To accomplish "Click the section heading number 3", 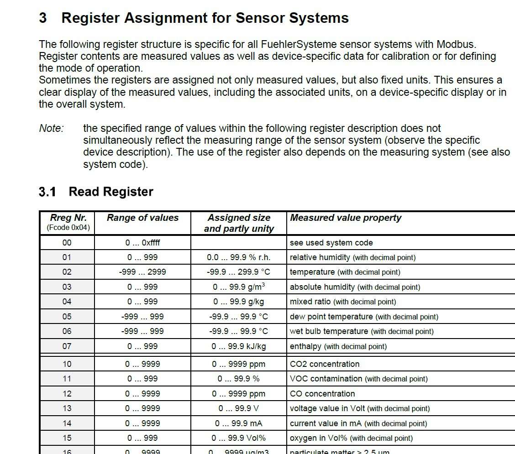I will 43,18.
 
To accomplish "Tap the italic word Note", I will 51,128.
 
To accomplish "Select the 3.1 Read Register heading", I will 96,192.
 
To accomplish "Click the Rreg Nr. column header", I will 68,218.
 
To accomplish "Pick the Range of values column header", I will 142,218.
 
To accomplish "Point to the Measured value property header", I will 346,218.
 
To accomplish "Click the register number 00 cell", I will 67,243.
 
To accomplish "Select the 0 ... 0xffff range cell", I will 142,243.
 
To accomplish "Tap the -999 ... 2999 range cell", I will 142,272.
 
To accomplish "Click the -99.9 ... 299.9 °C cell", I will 238,272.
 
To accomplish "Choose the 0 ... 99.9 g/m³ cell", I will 238,287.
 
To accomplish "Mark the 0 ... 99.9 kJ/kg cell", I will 238,346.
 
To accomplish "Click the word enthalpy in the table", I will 305,346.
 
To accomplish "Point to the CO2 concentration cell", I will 325,364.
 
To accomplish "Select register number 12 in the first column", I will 67,394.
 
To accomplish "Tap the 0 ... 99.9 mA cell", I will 238,423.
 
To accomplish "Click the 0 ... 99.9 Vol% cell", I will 238,438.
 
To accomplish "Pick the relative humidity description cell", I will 352,257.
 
